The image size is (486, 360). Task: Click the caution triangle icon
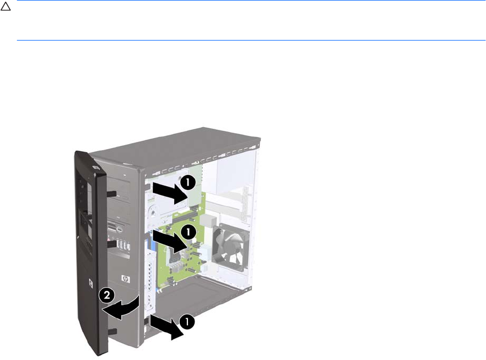[x=5, y=7]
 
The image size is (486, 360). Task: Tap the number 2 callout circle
[x=106, y=295]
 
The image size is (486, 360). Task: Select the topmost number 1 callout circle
[x=188, y=182]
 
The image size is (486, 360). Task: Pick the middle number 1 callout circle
[x=188, y=232]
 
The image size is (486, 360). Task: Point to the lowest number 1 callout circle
[x=186, y=322]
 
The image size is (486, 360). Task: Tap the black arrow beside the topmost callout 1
[x=169, y=193]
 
